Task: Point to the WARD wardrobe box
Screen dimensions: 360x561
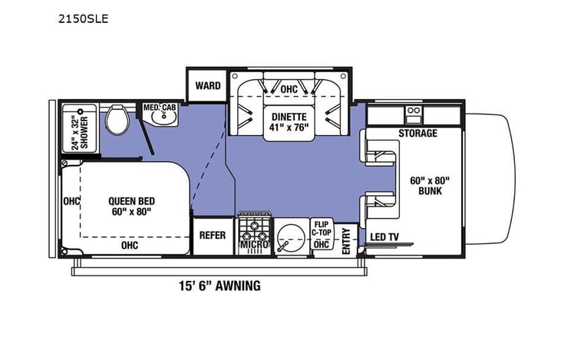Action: [x=207, y=85]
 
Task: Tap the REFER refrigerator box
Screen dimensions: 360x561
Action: [x=212, y=235]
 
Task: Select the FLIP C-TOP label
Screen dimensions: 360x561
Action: [x=321, y=229]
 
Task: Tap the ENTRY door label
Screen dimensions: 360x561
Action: [x=346, y=241]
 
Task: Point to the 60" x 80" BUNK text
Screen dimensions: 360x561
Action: [x=431, y=186]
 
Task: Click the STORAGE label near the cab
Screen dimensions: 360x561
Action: [x=417, y=134]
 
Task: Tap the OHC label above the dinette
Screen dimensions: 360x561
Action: [x=288, y=90]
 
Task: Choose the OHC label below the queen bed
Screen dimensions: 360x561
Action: [x=130, y=246]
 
